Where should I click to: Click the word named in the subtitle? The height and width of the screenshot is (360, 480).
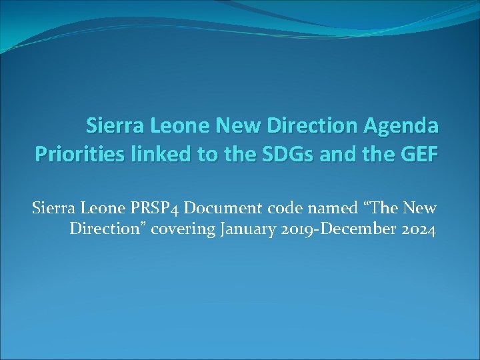(x=319, y=208)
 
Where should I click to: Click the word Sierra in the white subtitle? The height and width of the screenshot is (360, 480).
(x=51, y=208)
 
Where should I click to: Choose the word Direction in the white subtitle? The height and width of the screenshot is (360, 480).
(x=102, y=231)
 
